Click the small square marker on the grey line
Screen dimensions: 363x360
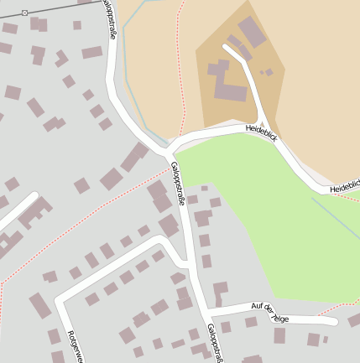point(24,13)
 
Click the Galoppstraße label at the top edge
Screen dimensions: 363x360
point(110,18)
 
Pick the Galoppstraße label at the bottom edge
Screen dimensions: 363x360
point(215,344)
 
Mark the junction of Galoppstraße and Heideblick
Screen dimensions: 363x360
point(166,152)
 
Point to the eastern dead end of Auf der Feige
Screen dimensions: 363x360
point(333,321)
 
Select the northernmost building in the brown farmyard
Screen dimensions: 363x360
point(252,32)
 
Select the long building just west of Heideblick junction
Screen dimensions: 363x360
point(133,158)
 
